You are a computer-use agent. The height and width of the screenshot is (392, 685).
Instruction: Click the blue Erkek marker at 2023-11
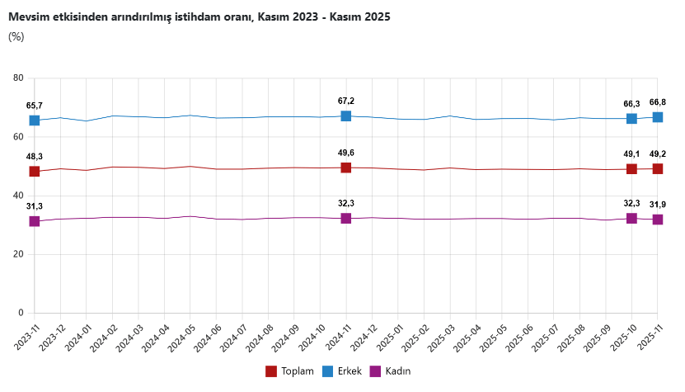click(x=35, y=120)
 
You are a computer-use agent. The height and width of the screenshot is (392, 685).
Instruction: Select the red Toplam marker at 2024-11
click(x=346, y=168)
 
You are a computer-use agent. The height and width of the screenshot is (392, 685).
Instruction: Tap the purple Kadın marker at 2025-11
click(x=658, y=220)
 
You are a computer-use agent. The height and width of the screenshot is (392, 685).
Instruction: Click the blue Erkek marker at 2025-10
click(x=631, y=119)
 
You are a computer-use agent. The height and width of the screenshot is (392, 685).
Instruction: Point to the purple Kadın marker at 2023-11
click(x=35, y=221)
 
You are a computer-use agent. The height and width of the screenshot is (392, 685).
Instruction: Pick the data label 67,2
click(x=346, y=101)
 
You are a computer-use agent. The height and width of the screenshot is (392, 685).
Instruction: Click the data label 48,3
click(x=35, y=156)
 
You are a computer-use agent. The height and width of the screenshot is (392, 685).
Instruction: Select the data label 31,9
click(x=658, y=205)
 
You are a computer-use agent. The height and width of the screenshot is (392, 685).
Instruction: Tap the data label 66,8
click(x=658, y=102)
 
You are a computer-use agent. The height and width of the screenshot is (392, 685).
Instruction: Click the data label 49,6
click(x=346, y=153)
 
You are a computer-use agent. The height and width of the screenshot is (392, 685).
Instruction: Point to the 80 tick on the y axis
click(x=18, y=78)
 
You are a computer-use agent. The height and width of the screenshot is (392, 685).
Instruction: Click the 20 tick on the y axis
click(x=18, y=254)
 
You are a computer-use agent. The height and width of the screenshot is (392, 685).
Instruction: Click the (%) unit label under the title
click(x=16, y=36)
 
